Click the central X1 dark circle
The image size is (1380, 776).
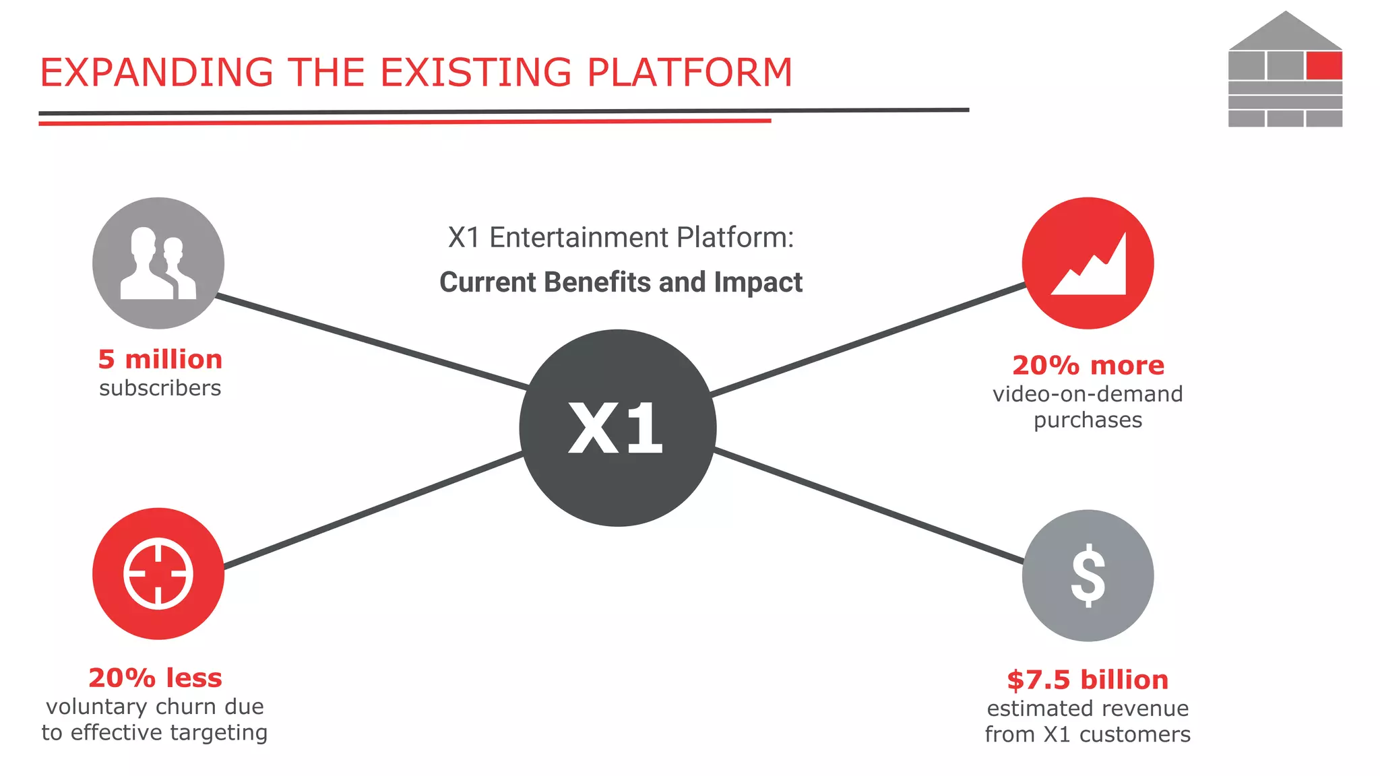point(617,428)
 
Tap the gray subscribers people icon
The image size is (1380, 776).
point(158,263)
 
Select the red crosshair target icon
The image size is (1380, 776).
point(158,573)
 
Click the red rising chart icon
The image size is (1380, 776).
point(1088,263)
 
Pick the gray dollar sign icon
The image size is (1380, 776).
point(1088,575)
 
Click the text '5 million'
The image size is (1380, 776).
point(160,359)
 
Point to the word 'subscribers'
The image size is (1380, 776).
point(160,388)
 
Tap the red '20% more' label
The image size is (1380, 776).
point(1088,365)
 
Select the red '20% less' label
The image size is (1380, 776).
point(155,678)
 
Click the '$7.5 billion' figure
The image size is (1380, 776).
point(1088,680)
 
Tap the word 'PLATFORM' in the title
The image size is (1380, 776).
point(689,73)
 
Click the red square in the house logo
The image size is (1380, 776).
point(1323,66)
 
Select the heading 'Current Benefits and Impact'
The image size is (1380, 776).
point(621,282)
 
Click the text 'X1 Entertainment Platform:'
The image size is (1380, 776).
point(621,238)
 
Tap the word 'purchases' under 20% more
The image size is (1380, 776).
point(1088,420)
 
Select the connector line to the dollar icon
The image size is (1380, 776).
point(869,507)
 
